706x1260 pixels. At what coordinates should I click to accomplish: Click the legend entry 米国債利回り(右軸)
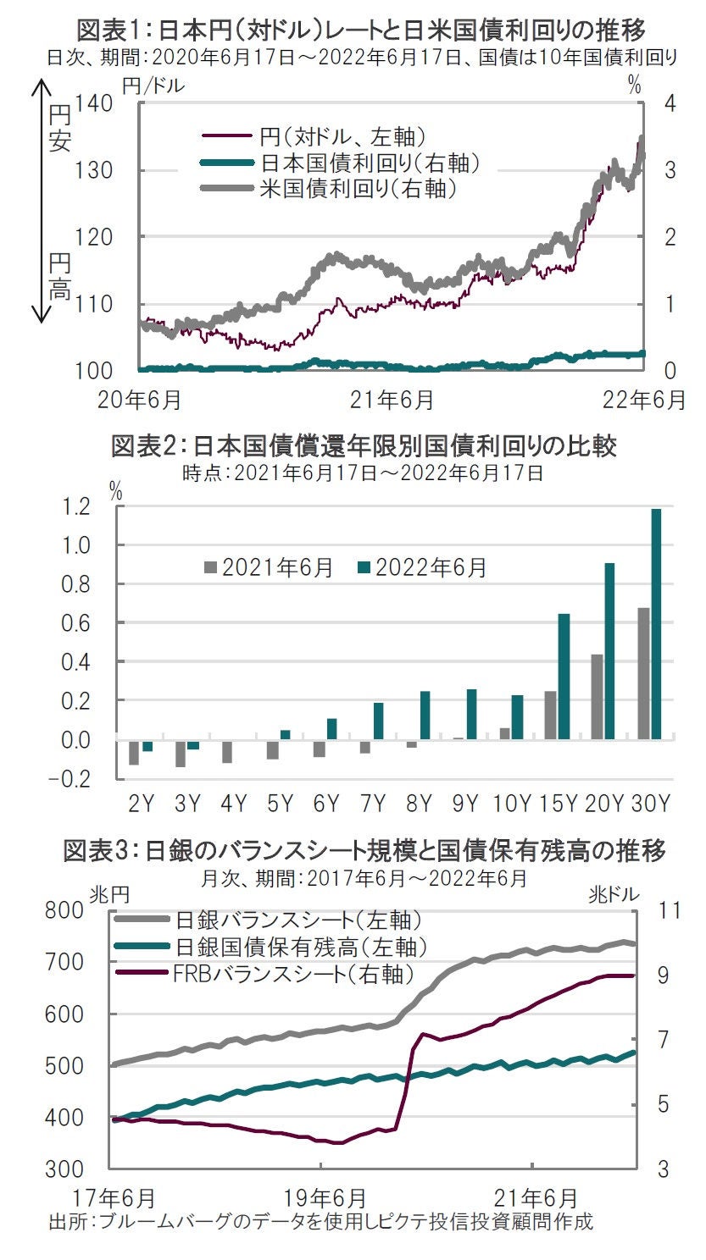click(x=356, y=186)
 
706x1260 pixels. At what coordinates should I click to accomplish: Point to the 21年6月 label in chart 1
click(x=393, y=398)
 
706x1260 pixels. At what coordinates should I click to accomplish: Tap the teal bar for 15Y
click(x=564, y=677)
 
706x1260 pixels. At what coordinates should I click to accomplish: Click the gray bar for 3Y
click(x=180, y=754)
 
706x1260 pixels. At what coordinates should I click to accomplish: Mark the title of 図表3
click(x=364, y=851)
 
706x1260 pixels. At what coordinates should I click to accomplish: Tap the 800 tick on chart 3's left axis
click(x=66, y=911)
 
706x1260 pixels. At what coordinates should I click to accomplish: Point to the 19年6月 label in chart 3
click(x=325, y=1198)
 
